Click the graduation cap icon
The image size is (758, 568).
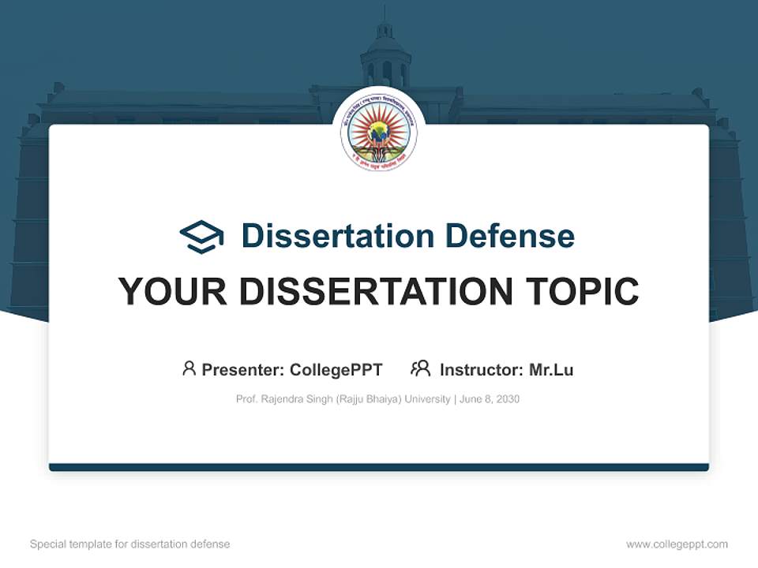[201, 237]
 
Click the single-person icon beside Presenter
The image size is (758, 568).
[189, 368]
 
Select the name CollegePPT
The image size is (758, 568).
[336, 370]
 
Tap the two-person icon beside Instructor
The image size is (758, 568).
[421, 368]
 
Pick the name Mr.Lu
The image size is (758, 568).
[550, 370]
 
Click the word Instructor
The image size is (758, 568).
[480, 370]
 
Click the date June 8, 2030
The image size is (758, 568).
[489, 399]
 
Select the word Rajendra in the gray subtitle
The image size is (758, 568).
[287, 399]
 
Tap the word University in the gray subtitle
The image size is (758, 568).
[426, 399]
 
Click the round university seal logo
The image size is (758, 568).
[379, 133]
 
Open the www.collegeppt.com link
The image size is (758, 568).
[677, 544]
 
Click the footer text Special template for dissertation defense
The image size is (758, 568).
[130, 544]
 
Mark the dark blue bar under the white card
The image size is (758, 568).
[379, 467]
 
